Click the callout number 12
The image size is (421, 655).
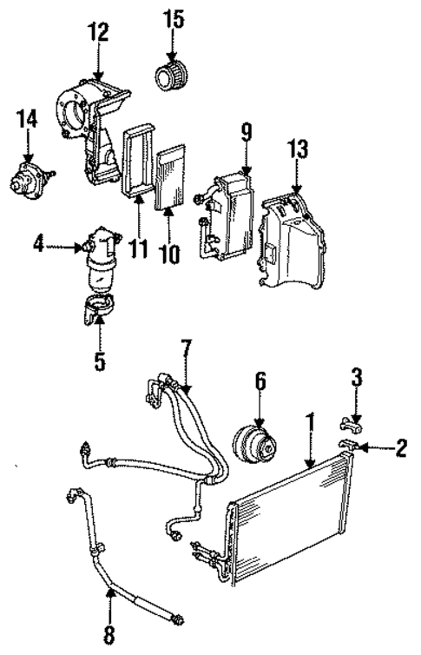(x=98, y=32)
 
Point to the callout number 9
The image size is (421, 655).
(x=246, y=134)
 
